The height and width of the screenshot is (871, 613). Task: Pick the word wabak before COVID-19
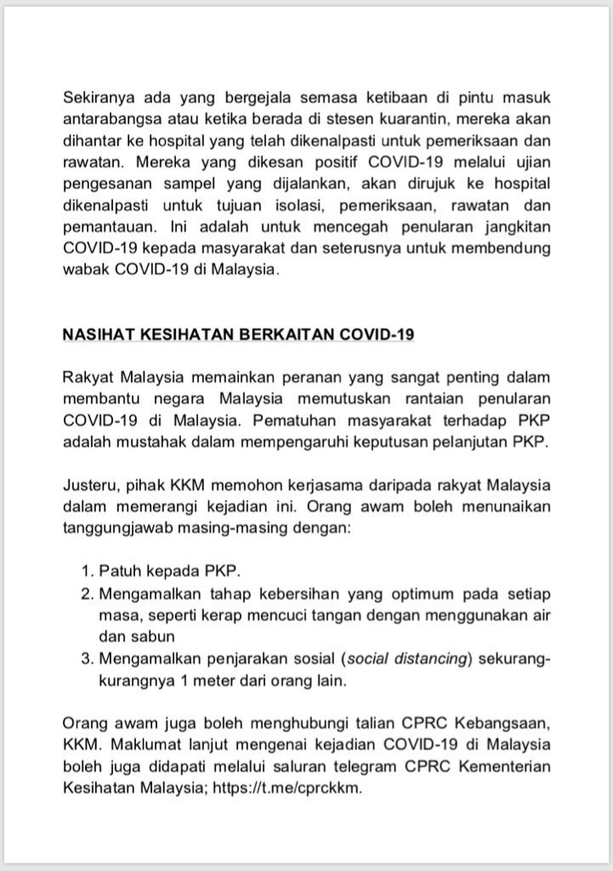pos(86,269)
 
